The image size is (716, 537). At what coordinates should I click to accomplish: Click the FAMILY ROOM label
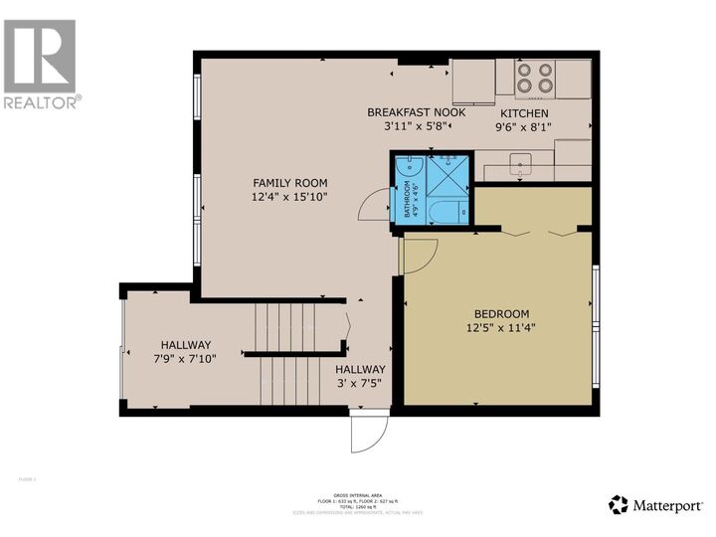(289, 183)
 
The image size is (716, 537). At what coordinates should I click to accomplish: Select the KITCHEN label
(523, 113)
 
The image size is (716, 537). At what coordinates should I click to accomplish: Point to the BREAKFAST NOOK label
(416, 112)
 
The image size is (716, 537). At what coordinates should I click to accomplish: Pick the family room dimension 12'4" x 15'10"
(289, 197)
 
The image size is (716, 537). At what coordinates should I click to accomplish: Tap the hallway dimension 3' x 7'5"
(359, 382)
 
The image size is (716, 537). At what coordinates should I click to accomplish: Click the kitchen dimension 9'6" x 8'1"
(523, 127)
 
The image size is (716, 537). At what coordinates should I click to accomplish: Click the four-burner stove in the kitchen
(536, 78)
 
